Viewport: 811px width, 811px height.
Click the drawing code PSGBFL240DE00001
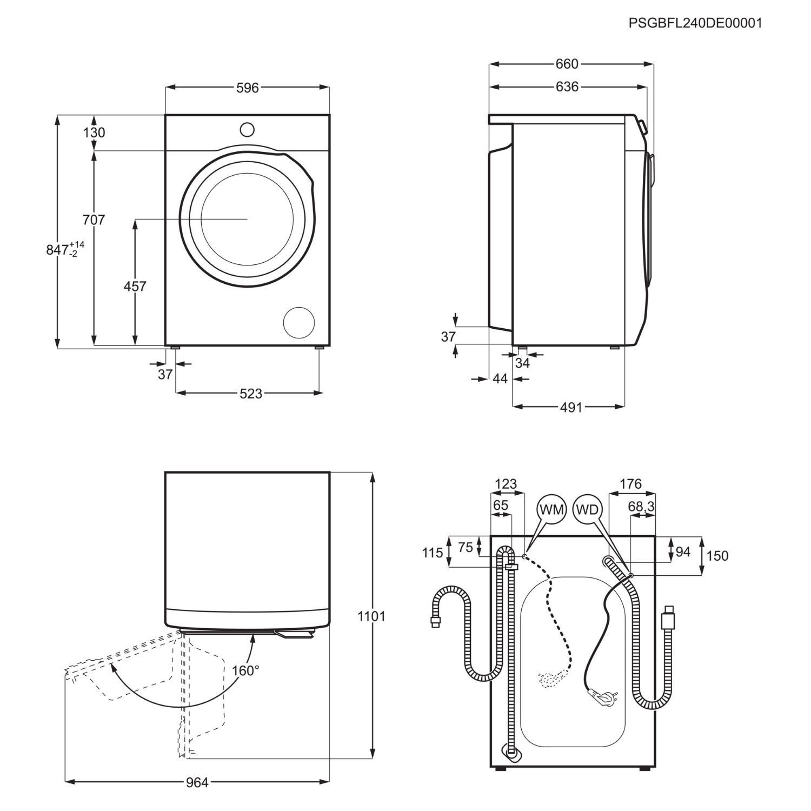coord(695,23)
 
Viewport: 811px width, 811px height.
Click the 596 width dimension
coord(248,88)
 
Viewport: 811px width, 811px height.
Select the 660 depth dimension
coord(567,64)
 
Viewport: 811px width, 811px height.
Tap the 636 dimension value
coord(567,87)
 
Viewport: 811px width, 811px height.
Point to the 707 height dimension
coord(94,220)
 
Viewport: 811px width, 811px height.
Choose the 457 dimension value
coord(135,286)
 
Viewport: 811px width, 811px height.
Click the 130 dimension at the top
coord(94,132)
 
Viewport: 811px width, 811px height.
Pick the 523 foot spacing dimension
coord(251,394)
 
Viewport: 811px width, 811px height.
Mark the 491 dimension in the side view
coord(571,407)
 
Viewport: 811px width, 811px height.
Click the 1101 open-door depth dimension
coord(371,616)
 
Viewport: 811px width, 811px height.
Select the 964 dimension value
coord(197,782)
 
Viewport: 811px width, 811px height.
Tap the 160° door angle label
coord(245,670)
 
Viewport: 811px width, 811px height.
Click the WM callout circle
coord(551,510)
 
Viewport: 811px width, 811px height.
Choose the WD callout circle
coord(587,510)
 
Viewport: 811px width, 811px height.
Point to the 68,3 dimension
coord(642,506)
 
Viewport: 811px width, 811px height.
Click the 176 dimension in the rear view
coord(630,483)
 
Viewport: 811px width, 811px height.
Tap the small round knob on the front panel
coord(247,130)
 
